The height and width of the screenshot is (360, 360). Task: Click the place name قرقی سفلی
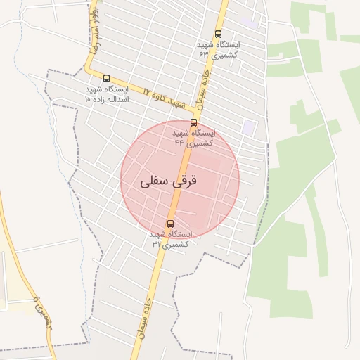(169, 181)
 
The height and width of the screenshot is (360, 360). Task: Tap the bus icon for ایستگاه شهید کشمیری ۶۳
(219, 34)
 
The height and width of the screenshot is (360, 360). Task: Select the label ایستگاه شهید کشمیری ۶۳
(218, 49)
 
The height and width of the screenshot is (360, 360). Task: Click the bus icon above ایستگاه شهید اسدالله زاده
(106, 78)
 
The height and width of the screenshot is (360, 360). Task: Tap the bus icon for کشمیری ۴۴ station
(194, 122)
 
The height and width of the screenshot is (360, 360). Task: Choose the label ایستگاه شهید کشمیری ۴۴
(194, 137)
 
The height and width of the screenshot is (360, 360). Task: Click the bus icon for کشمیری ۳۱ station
(170, 224)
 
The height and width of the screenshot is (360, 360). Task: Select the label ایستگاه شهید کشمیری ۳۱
(169, 239)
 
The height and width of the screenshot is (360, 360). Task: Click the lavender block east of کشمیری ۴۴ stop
(250, 128)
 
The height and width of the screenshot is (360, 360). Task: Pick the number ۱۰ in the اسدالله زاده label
(88, 100)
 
